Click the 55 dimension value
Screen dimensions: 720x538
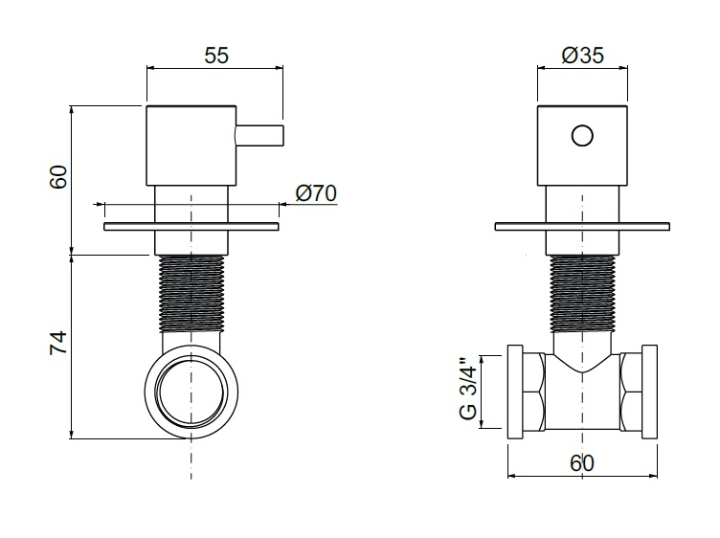216,56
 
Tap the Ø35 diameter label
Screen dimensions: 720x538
583,56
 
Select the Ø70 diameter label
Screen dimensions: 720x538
316,193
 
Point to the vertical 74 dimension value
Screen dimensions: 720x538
58,343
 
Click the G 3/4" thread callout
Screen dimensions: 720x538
468,389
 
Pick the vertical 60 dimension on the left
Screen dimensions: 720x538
58,177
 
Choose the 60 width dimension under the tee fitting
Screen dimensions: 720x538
582,463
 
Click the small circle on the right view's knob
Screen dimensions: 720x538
582,136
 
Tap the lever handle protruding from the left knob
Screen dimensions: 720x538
259,136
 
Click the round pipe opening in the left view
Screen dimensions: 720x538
191,392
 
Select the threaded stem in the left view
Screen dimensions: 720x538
191,293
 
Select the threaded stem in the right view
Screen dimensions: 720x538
582,293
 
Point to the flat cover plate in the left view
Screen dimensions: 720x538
191,226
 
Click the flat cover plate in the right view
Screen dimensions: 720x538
582,226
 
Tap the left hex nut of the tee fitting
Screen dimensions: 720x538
533,392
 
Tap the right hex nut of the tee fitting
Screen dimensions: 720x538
631,392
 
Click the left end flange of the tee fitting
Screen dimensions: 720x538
515,392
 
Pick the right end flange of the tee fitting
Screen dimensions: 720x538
650,392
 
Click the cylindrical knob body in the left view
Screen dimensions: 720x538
191,146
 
